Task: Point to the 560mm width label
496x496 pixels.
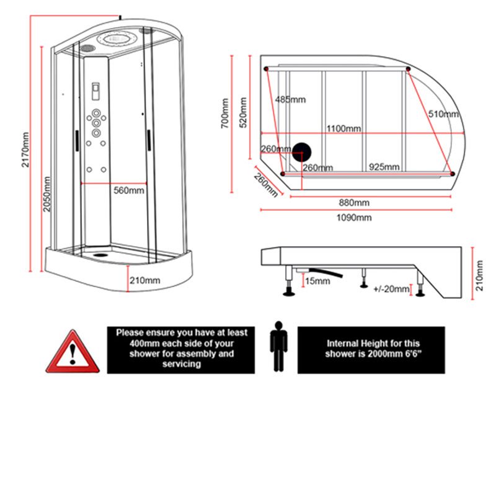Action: (129, 190)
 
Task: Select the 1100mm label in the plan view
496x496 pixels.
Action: (344, 129)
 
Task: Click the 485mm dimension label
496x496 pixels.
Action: (291, 99)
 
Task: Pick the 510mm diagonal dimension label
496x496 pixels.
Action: (443, 114)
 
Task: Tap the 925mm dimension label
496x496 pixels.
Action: (384, 167)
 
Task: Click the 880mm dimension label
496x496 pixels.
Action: (354, 203)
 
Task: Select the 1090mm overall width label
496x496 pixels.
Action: (354, 217)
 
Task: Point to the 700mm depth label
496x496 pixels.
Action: (225, 115)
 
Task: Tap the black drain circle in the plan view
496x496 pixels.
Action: (303, 151)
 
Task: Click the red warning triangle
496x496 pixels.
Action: (74, 353)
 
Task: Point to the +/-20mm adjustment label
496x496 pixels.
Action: (392, 289)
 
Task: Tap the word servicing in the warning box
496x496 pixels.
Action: (180, 365)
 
